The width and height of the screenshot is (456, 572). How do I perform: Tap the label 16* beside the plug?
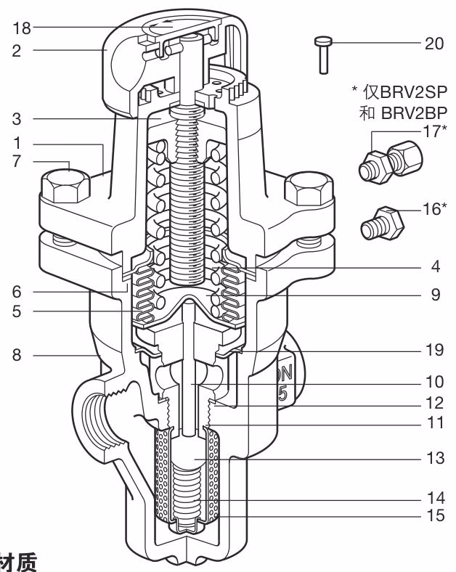(x=434, y=209)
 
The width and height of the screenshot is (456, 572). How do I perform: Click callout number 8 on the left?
(x=17, y=355)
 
